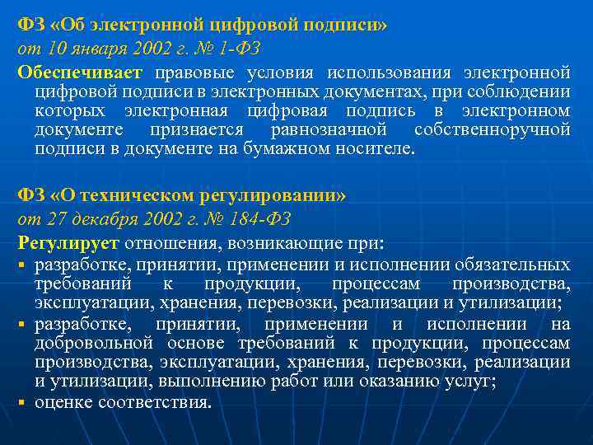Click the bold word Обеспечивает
[x=80, y=72]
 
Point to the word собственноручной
[x=493, y=130]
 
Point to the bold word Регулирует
[x=69, y=243]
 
